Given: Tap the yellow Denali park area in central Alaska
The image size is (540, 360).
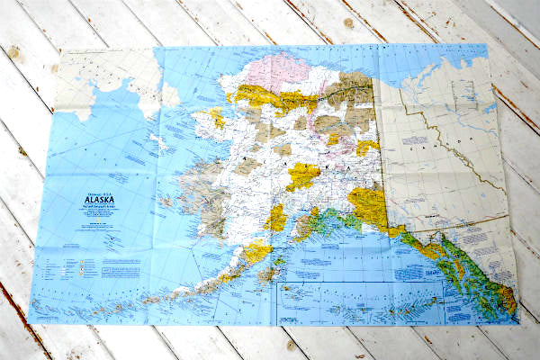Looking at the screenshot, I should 302,175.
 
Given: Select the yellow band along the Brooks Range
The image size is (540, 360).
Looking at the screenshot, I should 279,99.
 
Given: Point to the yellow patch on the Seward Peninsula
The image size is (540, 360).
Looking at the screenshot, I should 217,117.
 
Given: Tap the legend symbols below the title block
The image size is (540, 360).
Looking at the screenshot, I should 81,265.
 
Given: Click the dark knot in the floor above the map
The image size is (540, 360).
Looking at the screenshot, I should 347,22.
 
